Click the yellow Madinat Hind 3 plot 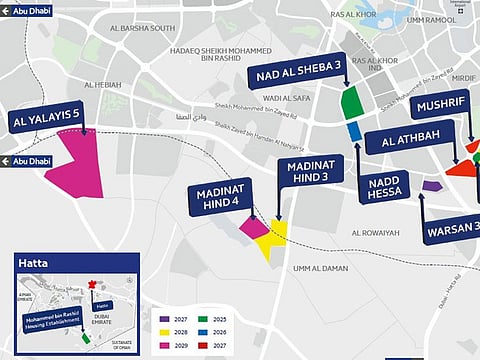coord(272,238)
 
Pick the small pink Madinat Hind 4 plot coord(253,227)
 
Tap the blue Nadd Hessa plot coord(355,130)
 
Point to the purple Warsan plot coord(431,185)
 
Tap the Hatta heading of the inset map coord(35,263)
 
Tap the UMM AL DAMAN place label coord(319,268)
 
